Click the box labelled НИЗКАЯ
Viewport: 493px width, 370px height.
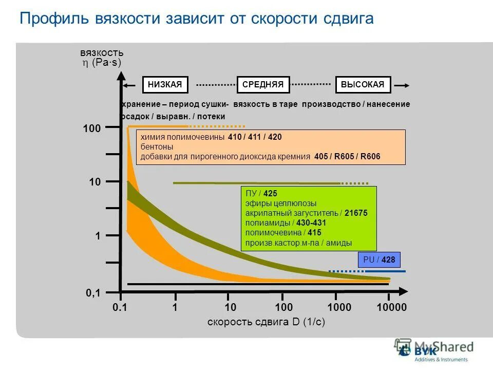[x=165, y=85]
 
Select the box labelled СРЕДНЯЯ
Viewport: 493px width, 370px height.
[x=263, y=85]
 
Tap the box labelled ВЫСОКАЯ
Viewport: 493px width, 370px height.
[x=363, y=85]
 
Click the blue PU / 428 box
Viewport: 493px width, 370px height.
[x=379, y=260]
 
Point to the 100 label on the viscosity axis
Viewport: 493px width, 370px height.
[x=92, y=128]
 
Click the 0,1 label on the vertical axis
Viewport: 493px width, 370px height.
[x=93, y=293]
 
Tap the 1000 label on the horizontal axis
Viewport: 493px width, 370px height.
[x=338, y=307]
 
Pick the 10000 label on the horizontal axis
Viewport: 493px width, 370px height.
[x=391, y=307]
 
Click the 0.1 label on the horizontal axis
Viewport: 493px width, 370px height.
[x=119, y=307]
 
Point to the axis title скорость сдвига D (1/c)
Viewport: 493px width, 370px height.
[x=267, y=322]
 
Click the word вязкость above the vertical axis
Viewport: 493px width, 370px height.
[x=102, y=53]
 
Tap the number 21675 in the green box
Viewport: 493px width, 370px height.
[x=356, y=213]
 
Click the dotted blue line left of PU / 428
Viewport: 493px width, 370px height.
[x=346, y=271]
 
